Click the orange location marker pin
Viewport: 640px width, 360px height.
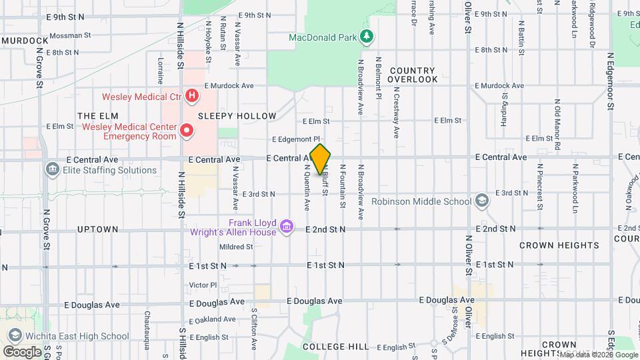pos(320,159)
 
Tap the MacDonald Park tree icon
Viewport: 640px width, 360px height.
pos(365,37)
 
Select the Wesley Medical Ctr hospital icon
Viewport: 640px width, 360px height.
pos(192,97)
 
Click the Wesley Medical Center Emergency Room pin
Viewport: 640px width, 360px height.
pos(187,131)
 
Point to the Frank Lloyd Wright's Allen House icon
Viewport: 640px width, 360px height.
pos(287,227)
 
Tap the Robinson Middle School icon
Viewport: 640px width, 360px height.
pos(481,201)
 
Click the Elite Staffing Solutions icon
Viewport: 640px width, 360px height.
pos(52,170)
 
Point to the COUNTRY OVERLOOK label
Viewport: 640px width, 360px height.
pos(413,75)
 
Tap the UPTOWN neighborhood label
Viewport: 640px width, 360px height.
pos(97,229)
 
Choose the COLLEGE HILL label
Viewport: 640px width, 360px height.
pos(335,347)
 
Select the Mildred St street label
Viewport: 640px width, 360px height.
pos(236,247)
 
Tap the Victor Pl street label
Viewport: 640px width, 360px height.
pos(203,285)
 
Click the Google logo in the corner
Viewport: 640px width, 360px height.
pos(22,351)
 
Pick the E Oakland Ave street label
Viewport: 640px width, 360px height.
pos(212,319)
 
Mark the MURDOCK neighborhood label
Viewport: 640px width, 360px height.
pos(25,41)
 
